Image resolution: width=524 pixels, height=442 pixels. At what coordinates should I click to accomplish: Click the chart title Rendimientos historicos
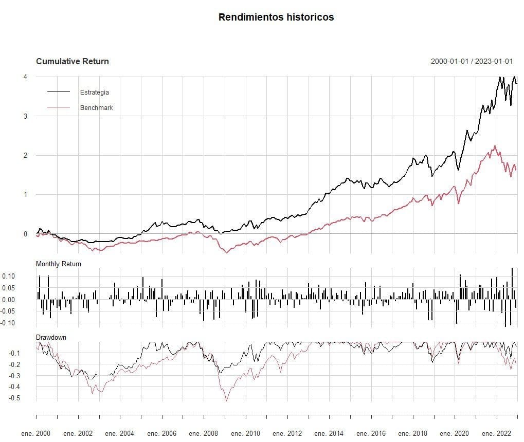coord(276,17)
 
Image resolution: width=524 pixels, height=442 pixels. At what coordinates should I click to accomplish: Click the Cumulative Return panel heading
coord(73,62)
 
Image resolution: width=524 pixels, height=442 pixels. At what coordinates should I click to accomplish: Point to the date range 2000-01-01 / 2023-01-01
coord(472,61)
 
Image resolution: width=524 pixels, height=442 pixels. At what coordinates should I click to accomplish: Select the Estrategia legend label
coord(95,92)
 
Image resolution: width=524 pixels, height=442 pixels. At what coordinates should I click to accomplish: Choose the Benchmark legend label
coord(97,107)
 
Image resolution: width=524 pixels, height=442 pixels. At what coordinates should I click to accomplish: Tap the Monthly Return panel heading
coord(59,264)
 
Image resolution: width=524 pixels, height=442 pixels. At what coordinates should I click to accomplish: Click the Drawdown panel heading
coord(51,338)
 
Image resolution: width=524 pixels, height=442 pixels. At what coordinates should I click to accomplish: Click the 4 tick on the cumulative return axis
coord(25,77)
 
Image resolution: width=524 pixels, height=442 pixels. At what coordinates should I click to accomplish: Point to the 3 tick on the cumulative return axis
coord(25,116)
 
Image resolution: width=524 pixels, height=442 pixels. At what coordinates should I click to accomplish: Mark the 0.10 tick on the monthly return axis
coord(9,277)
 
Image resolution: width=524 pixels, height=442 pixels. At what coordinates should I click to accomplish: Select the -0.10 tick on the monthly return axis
coord(7,323)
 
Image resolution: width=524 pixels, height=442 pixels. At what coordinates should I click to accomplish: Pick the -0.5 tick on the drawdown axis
coord(14,398)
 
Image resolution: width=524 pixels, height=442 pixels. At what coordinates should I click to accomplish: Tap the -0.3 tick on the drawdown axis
coord(14,376)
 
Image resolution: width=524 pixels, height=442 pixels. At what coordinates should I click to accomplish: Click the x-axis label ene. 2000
coord(36,434)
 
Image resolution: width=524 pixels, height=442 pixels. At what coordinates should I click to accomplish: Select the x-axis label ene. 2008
coord(203,434)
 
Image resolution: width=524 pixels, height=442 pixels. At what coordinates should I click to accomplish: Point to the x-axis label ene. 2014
coord(329,434)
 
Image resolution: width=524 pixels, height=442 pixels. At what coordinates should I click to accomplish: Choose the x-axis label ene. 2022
coord(497,434)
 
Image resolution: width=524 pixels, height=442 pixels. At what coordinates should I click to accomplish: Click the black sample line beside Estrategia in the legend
coord(59,91)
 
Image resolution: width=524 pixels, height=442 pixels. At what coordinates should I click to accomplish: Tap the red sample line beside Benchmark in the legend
coord(59,107)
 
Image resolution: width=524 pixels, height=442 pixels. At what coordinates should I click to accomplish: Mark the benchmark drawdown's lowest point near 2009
coord(226,400)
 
